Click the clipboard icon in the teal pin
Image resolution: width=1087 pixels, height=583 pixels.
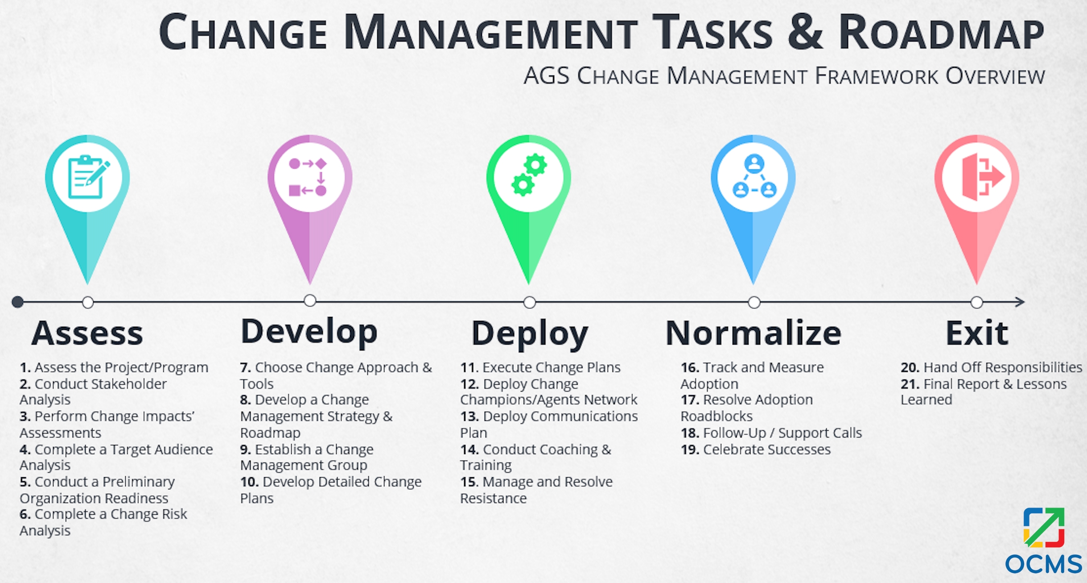pyautogui.click(x=88, y=177)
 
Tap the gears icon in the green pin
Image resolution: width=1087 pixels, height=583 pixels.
pyautogui.click(x=529, y=175)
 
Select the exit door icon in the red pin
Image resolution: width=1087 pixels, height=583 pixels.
pyautogui.click(x=983, y=176)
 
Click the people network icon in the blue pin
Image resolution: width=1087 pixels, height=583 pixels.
pyautogui.click(x=754, y=176)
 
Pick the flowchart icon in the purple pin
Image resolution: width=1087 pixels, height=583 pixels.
pyautogui.click(x=308, y=177)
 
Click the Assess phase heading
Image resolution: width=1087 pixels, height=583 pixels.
pyautogui.click(x=87, y=333)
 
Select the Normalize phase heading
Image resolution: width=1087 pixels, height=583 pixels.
pyautogui.click(x=753, y=333)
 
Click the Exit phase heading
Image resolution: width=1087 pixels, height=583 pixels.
pyautogui.click(x=977, y=333)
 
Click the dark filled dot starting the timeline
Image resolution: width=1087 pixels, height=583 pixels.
pyautogui.click(x=17, y=302)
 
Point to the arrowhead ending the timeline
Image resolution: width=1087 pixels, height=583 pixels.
pyautogui.click(x=1020, y=302)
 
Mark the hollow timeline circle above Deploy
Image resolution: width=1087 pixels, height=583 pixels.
pyautogui.click(x=529, y=302)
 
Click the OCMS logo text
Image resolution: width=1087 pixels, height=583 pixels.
pyautogui.click(x=1043, y=564)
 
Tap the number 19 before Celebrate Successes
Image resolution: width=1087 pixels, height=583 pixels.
pyautogui.click(x=690, y=450)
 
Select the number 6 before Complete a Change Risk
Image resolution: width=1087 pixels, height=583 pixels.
pyautogui.click(x=25, y=514)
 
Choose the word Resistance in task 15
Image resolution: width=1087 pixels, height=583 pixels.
pyautogui.click(x=493, y=498)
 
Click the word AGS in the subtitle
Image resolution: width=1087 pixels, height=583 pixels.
pyautogui.click(x=547, y=75)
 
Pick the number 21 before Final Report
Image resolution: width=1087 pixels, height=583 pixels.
pyautogui.click(x=910, y=384)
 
